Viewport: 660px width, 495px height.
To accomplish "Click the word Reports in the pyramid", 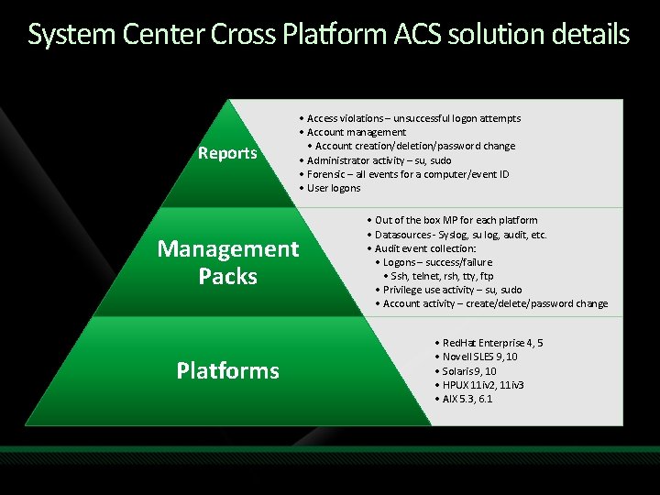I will pos(227,153).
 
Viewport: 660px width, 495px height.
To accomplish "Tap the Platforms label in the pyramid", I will pos(228,370).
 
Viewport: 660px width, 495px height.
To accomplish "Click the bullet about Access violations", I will pos(410,118).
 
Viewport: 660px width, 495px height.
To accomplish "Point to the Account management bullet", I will pos(353,132).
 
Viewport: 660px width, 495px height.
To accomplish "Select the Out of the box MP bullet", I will pos(452,220).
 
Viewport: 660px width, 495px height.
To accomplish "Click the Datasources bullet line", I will pos(456,235).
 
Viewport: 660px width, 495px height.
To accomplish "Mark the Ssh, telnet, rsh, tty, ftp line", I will pos(438,276).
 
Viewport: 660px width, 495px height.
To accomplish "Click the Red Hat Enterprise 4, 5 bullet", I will pos(489,343).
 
